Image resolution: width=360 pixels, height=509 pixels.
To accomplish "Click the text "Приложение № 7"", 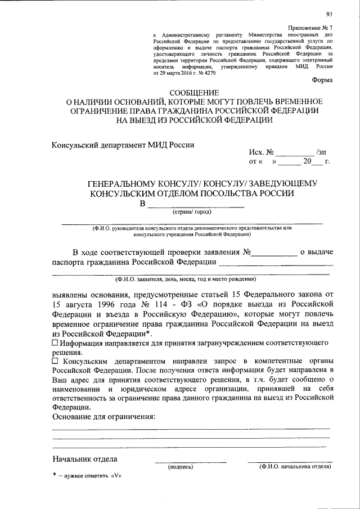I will click(310, 28).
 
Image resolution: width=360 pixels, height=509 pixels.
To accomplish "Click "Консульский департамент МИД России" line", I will click(123, 144).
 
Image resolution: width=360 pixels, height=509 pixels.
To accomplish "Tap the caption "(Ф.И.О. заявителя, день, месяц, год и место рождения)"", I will click(186, 279).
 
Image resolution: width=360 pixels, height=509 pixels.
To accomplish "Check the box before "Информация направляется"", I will click(55, 343).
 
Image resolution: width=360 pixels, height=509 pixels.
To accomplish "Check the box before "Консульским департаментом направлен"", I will click(55, 361).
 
